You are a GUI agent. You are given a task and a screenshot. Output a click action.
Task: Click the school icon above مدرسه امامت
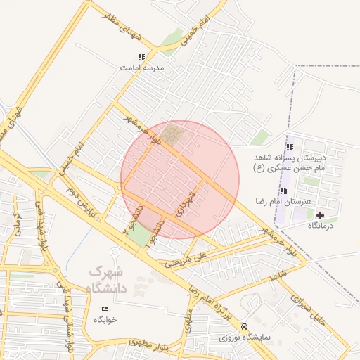point(141,57)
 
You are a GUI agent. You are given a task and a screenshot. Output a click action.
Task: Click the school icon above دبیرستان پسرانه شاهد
point(290,147)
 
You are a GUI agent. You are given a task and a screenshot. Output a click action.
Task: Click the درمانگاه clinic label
point(321,226)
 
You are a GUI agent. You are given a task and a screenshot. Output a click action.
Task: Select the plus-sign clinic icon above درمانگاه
point(321,215)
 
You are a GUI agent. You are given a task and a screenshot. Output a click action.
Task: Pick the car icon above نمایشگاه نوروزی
point(243,327)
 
